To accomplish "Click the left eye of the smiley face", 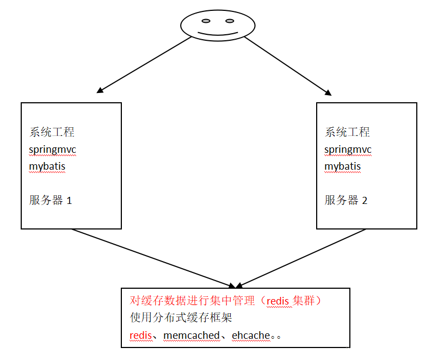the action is [x=206, y=21].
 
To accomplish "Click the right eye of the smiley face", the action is [x=230, y=21].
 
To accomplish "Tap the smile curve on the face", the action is [x=218, y=34].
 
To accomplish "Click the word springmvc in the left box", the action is [x=53, y=150].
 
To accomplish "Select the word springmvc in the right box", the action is [x=348, y=150].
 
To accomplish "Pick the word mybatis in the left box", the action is [x=47, y=166].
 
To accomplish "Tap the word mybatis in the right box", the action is [x=343, y=166].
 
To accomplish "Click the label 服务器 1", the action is [x=51, y=200].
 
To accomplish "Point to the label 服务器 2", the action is [x=346, y=200].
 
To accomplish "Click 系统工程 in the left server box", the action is [x=52, y=132].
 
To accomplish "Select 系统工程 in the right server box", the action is [x=347, y=132].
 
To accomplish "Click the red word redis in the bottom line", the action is [x=140, y=336].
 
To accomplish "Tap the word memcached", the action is [x=192, y=336].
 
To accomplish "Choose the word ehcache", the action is [x=251, y=336].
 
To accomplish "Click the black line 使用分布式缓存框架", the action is [x=181, y=318].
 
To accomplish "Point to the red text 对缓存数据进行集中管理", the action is [x=192, y=301].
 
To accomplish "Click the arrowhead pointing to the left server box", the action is [x=100, y=90].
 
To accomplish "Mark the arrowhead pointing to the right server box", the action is [x=328, y=93].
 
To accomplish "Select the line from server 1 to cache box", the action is [x=153, y=258].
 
